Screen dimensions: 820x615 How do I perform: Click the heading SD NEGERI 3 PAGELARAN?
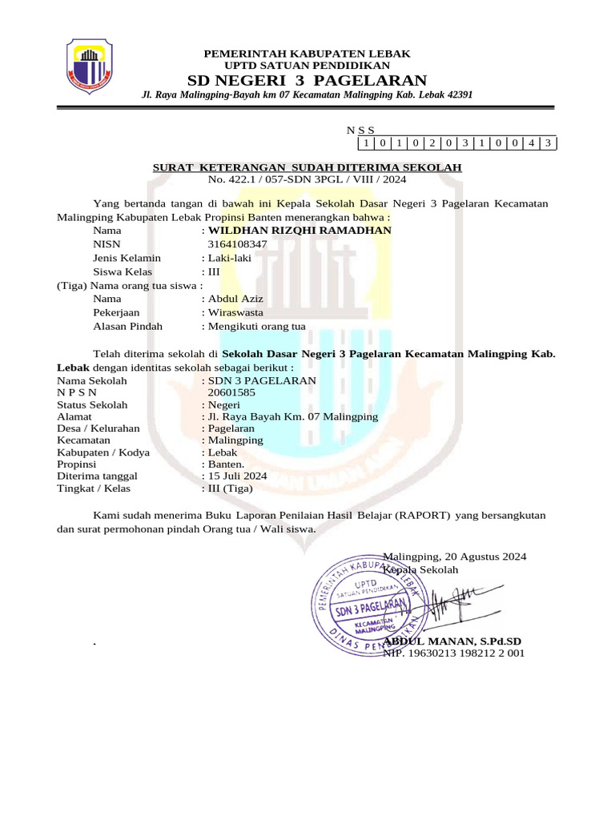click(307, 80)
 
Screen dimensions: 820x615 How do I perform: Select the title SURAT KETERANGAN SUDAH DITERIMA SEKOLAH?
click(307, 167)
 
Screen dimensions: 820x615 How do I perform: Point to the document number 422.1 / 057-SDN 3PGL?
click(307, 179)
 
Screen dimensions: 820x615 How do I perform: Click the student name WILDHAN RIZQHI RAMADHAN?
click(299, 231)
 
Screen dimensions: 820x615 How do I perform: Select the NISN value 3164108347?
click(237, 244)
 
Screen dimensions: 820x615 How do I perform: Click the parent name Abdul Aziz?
click(235, 299)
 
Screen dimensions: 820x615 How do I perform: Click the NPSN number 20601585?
click(231, 393)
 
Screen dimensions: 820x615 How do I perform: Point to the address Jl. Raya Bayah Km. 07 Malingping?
click(292, 416)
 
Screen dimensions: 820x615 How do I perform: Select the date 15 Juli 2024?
click(237, 476)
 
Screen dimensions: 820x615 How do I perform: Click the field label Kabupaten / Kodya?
click(103, 452)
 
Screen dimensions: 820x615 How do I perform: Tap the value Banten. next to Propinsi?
click(227, 464)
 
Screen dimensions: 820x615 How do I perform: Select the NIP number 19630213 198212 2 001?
click(453, 653)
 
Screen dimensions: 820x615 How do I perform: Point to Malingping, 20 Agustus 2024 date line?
click(455, 557)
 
